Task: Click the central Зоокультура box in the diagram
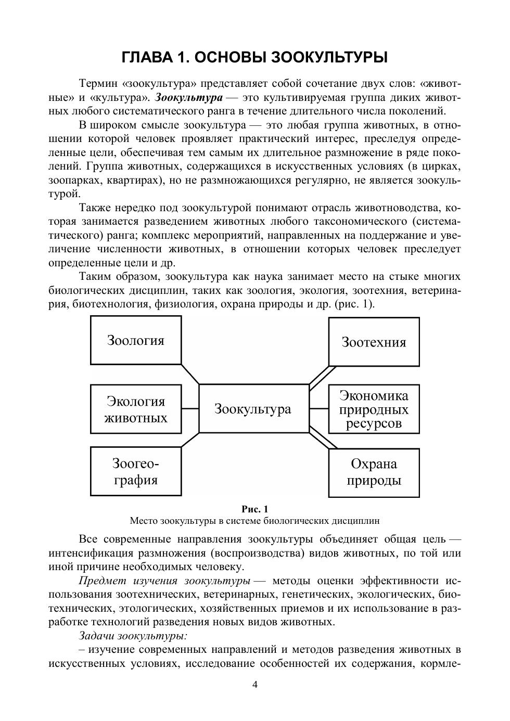tap(253, 409)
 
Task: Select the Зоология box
tap(136, 340)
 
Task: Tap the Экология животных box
tap(136, 409)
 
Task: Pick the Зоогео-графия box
tap(136, 471)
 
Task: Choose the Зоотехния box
tap(374, 341)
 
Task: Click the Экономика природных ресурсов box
tap(374, 409)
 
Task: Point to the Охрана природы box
tap(374, 471)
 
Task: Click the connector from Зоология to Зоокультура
tap(190, 375)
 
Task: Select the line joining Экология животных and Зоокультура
tap(190, 409)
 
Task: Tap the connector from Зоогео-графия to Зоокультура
tap(190, 440)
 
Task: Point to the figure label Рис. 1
tap(255, 509)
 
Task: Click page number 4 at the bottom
tap(255, 684)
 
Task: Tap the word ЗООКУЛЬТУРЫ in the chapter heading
tap(330, 57)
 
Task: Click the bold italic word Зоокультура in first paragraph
tap(189, 97)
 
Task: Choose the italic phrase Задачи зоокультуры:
tap(133, 636)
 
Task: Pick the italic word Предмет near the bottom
tap(101, 581)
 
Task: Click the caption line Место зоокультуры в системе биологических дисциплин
tap(255, 521)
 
